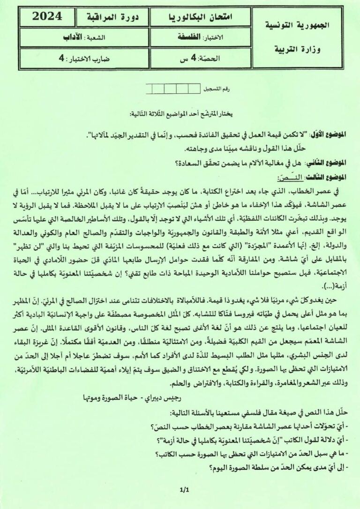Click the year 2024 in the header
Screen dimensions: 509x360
(x=47, y=15)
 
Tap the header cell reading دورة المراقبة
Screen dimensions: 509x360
(x=111, y=17)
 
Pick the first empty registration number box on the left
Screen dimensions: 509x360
(x=150, y=88)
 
